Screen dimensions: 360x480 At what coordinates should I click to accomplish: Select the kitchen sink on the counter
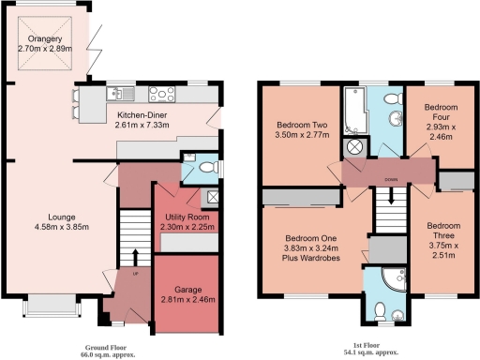point(122,92)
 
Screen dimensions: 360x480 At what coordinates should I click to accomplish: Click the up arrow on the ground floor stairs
point(133,258)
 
